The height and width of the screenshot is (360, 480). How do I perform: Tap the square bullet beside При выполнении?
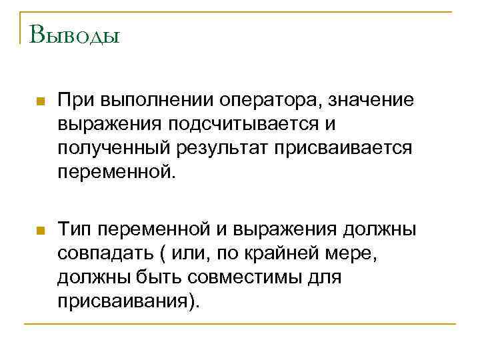click(40, 102)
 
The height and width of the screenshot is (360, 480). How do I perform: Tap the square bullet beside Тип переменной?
click(40, 231)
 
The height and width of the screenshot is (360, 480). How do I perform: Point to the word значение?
click(373, 101)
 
